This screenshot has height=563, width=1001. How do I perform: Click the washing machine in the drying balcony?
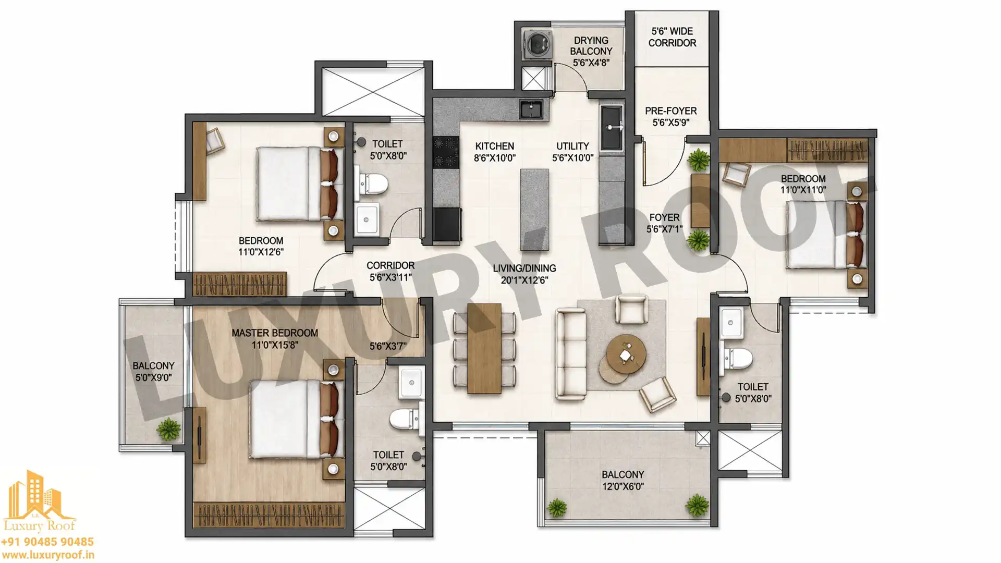click(x=536, y=44)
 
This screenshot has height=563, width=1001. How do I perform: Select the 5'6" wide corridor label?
click(x=672, y=37)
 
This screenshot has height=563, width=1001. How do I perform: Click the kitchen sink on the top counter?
click(x=531, y=109)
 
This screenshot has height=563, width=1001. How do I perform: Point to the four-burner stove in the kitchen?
click(x=446, y=152)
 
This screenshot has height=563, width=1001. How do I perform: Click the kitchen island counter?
click(x=534, y=209)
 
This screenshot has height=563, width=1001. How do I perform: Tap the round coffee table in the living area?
click(x=626, y=354)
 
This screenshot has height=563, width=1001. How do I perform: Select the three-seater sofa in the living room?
click(x=570, y=354)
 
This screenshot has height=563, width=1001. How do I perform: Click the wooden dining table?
click(x=484, y=348)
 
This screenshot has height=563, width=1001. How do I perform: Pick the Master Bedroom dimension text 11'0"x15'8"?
click(x=275, y=345)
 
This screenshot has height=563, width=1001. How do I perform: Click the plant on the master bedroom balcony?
click(x=168, y=430)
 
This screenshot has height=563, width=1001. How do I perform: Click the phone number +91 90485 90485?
click(x=47, y=542)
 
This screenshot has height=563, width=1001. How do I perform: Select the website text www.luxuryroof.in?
click(x=48, y=556)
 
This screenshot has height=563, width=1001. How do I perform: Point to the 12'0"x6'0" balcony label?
click(x=623, y=481)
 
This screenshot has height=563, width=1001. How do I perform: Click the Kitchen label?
click(x=494, y=146)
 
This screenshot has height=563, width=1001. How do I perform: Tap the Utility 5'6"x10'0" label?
click(x=572, y=152)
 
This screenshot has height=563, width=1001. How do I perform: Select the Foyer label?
click(x=664, y=217)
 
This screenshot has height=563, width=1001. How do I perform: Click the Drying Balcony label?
click(x=591, y=45)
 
